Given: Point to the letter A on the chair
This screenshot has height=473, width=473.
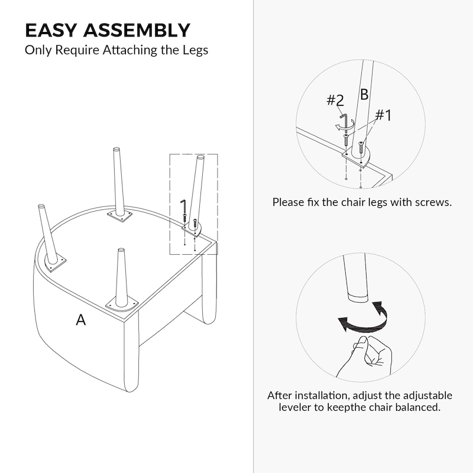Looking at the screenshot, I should (81, 320).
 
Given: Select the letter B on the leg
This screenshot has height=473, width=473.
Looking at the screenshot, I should (364, 95).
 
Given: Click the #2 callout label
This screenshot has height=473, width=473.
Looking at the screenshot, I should (335, 101).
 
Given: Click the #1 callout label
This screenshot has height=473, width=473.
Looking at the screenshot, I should (383, 115).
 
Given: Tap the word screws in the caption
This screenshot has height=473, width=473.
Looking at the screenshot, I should (435, 202).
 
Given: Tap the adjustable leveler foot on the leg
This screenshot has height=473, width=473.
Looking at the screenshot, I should (356, 295).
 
